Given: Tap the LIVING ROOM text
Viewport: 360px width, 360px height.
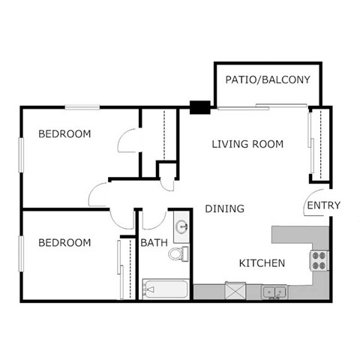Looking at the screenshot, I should [x=247, y=144].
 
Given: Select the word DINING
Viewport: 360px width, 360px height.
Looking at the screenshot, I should [x=224, y=208].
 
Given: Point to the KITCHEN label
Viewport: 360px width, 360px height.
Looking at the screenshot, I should [x=261, y=263].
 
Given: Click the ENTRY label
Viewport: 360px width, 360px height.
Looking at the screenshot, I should [x=324, y=205].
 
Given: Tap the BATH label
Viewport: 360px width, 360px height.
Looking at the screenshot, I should [x=154, y=243].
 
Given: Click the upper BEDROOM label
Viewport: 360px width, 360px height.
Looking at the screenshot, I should [x=64, y=134].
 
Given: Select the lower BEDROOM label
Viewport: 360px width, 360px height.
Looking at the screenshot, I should [x=64, y=243].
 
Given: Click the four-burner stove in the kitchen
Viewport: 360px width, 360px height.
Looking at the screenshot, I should [x=319, y=260].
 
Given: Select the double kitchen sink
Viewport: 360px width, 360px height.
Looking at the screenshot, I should [x=271, y=290].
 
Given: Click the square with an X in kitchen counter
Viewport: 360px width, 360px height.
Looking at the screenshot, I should [x=235, y=290].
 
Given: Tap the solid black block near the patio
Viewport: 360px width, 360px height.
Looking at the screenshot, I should [x=199, y=107].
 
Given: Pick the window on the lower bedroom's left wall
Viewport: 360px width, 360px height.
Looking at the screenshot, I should [x=22, y=253].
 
